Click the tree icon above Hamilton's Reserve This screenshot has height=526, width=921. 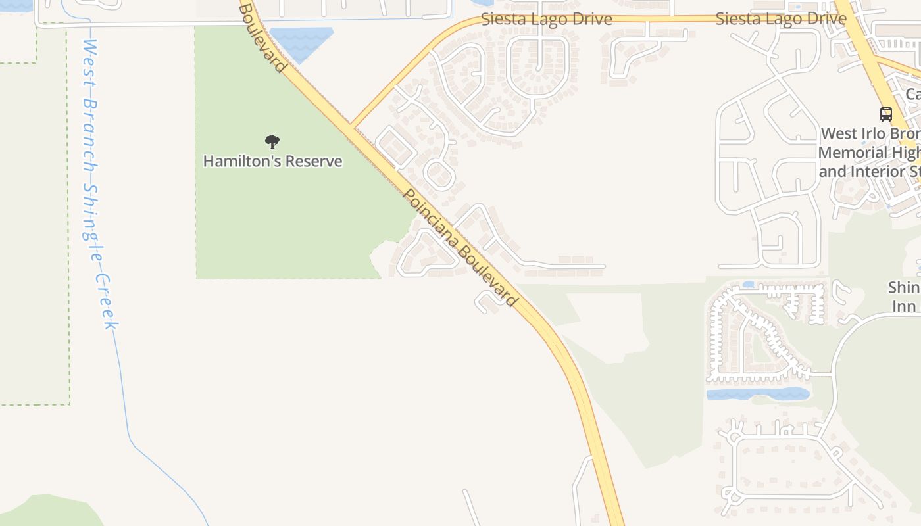coord(272,141)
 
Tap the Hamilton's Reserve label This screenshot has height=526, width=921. coord(272,161)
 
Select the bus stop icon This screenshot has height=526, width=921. coord(886,114)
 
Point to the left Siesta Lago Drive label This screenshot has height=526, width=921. coord(546,19)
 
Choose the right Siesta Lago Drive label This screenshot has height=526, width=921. coord(780,18)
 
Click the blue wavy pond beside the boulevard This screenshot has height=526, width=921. coord(301,41)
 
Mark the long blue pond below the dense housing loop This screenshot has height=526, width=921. coord(757,394)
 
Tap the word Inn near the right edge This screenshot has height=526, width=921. coord(904,306)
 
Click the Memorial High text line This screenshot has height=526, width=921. coord(869,153)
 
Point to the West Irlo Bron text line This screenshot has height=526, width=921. coord(870,133)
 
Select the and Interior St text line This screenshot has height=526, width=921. coord(869,172)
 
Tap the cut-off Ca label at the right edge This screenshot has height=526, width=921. coord(912,94)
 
